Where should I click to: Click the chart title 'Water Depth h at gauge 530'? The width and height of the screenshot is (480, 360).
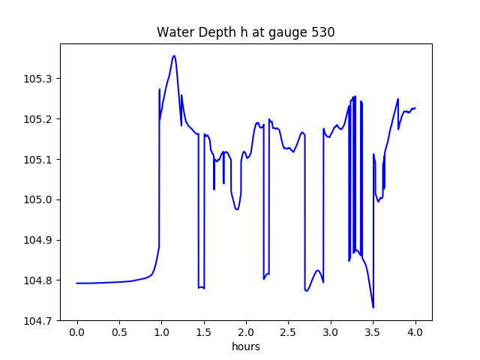point(245,32)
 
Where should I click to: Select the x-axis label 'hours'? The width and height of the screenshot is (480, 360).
point(246,346)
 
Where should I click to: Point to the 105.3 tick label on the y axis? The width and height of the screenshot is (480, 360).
point(38,79)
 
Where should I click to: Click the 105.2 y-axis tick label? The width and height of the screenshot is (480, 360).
point(38,119)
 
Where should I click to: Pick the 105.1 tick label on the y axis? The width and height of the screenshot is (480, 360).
point(38,160)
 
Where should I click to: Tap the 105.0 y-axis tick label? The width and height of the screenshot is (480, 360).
point(38,200)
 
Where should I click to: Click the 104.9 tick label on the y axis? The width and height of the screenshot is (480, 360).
point(38,240)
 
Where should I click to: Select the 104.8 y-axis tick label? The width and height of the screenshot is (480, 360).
point(38,280)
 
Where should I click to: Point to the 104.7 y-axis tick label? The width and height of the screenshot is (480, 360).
point(38,320)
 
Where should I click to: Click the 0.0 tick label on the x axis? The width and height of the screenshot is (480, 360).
point(77,332)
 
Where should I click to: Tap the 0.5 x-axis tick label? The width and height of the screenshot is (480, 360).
point(119,332)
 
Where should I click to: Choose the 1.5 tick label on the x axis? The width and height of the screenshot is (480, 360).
point(204,332)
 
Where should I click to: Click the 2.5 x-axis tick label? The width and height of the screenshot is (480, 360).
point(288,332)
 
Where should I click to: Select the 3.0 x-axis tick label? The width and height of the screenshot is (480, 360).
point(331,332)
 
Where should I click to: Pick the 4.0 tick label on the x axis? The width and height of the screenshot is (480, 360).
point(415,332)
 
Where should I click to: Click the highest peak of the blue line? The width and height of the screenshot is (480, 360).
point(174,55)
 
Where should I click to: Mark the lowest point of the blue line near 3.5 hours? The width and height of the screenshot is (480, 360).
point(373,307)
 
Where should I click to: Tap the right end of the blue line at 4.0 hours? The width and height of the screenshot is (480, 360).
point(415,108)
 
